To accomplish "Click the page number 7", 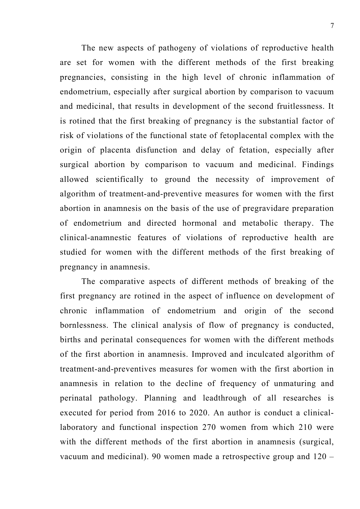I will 332,26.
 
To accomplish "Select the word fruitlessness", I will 299,106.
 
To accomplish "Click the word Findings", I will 318,164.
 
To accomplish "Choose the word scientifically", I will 120,179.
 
